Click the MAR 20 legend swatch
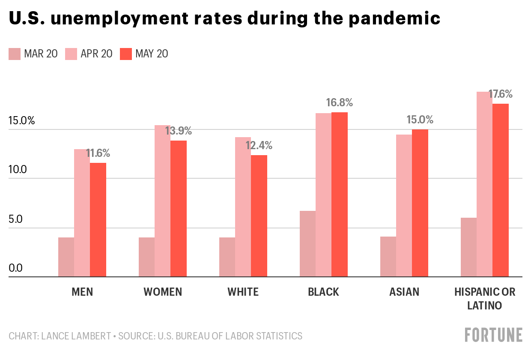click(15, 54)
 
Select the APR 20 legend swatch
click(71, 54)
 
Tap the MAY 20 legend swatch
click(126, 54)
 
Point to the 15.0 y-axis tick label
click(21, 120)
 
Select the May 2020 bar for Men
click(98, 220)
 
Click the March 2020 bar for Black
click(307, 244)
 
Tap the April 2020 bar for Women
click(162, 201)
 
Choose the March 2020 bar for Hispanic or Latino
click(468, 247)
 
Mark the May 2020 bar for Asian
click(420, 203)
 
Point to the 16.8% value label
click(339, 103)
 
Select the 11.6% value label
click(98, 153)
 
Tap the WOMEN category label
click(163, 292)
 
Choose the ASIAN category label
click(404, 292)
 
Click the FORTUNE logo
click(494, 335)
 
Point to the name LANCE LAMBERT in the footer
click(76, 336)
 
